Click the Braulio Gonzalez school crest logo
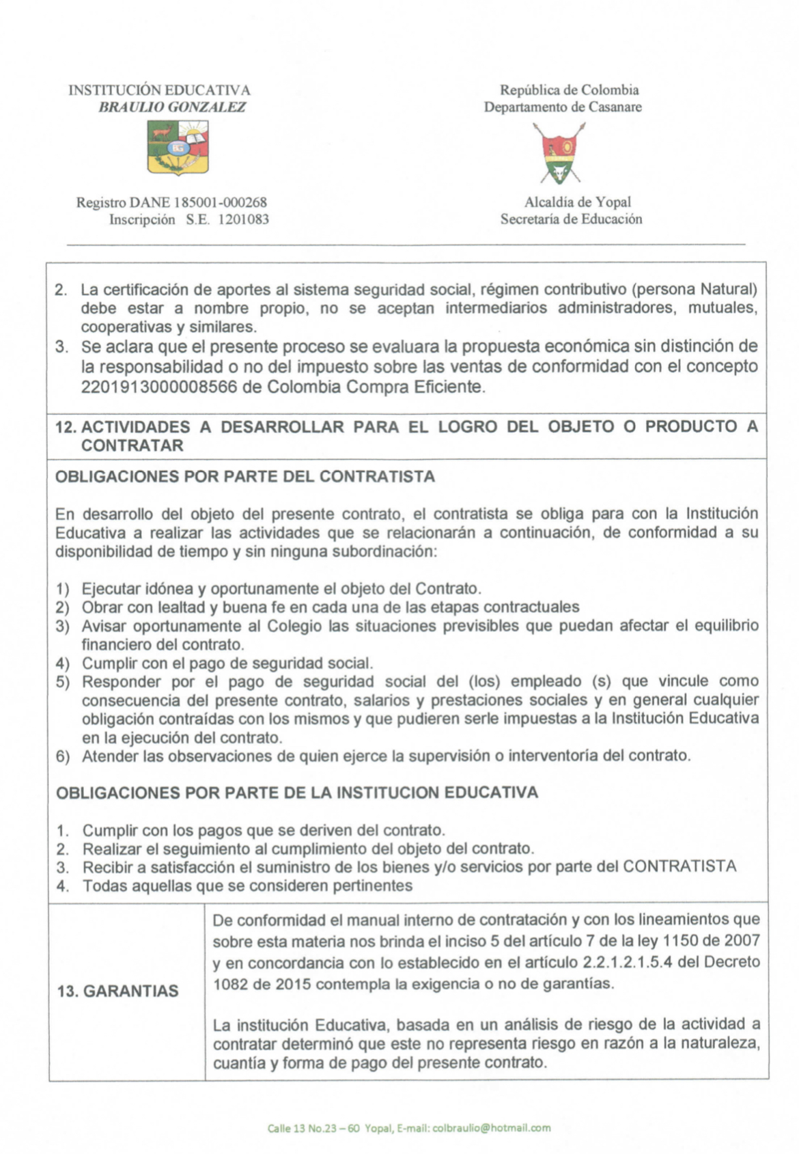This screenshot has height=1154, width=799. coord(178,146)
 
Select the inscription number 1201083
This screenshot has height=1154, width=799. coord(243,219)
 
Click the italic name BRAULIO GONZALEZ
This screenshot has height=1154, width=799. coord(172,107)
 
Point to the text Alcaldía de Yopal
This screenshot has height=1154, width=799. coord(577,202)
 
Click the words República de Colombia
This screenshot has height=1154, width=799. coord(570,90)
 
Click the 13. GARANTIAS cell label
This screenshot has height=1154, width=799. coord(118,991)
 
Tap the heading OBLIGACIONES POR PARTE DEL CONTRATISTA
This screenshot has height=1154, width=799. coord(244,476)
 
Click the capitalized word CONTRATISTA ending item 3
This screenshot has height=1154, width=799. coord(679,867)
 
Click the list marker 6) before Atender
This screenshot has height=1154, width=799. coord(63,756)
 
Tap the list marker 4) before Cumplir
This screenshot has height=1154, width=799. coord(63,663)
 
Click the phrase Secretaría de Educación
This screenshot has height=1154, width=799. coord(571,219)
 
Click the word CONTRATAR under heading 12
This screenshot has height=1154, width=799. coord(132,445)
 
